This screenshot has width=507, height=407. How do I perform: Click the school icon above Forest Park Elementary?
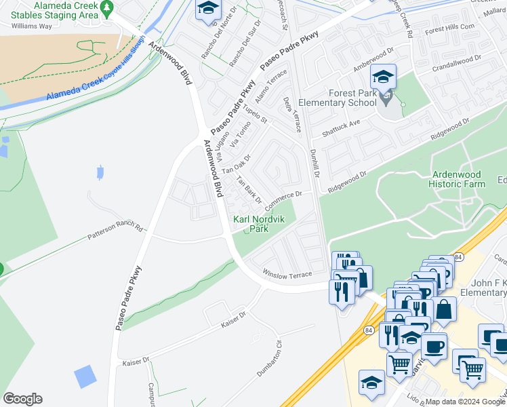point(384,76)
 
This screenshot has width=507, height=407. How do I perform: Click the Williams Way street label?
point(31,26)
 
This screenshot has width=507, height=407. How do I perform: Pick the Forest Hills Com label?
point(449,30)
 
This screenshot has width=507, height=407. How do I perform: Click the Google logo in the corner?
point(22,398)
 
